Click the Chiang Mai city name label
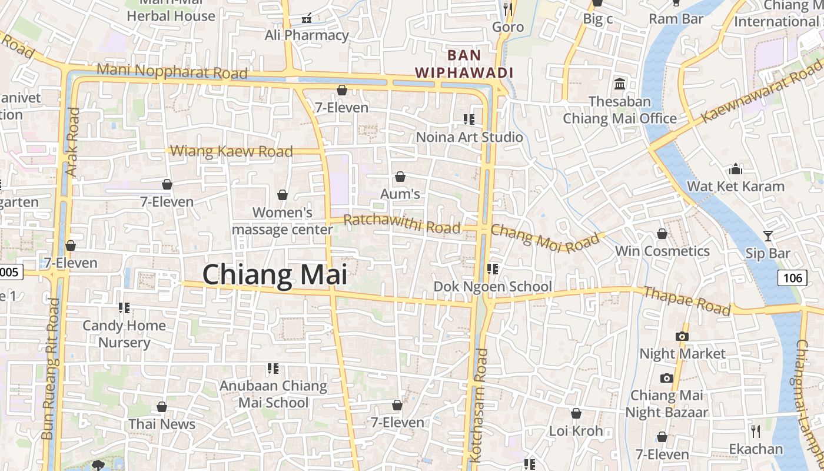point(274,275)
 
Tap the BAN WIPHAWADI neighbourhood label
point(464,64)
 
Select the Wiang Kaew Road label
point(231,151)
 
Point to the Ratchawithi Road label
point(401,224)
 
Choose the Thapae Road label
point(686,300)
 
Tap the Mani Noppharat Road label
point(172,71)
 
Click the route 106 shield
point(792,277)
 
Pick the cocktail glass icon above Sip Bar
point(768,236)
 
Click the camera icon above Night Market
point(682,336)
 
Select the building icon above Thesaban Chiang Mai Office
point(620,84)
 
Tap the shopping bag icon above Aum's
point(400,177)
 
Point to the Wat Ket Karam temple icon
point(736,170)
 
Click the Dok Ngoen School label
point(493,287)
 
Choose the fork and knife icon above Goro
point(508,9)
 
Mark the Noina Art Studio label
point(469,137)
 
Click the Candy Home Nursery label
point(124,334)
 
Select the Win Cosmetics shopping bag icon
point(662,234)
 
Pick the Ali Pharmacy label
point(307,35)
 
